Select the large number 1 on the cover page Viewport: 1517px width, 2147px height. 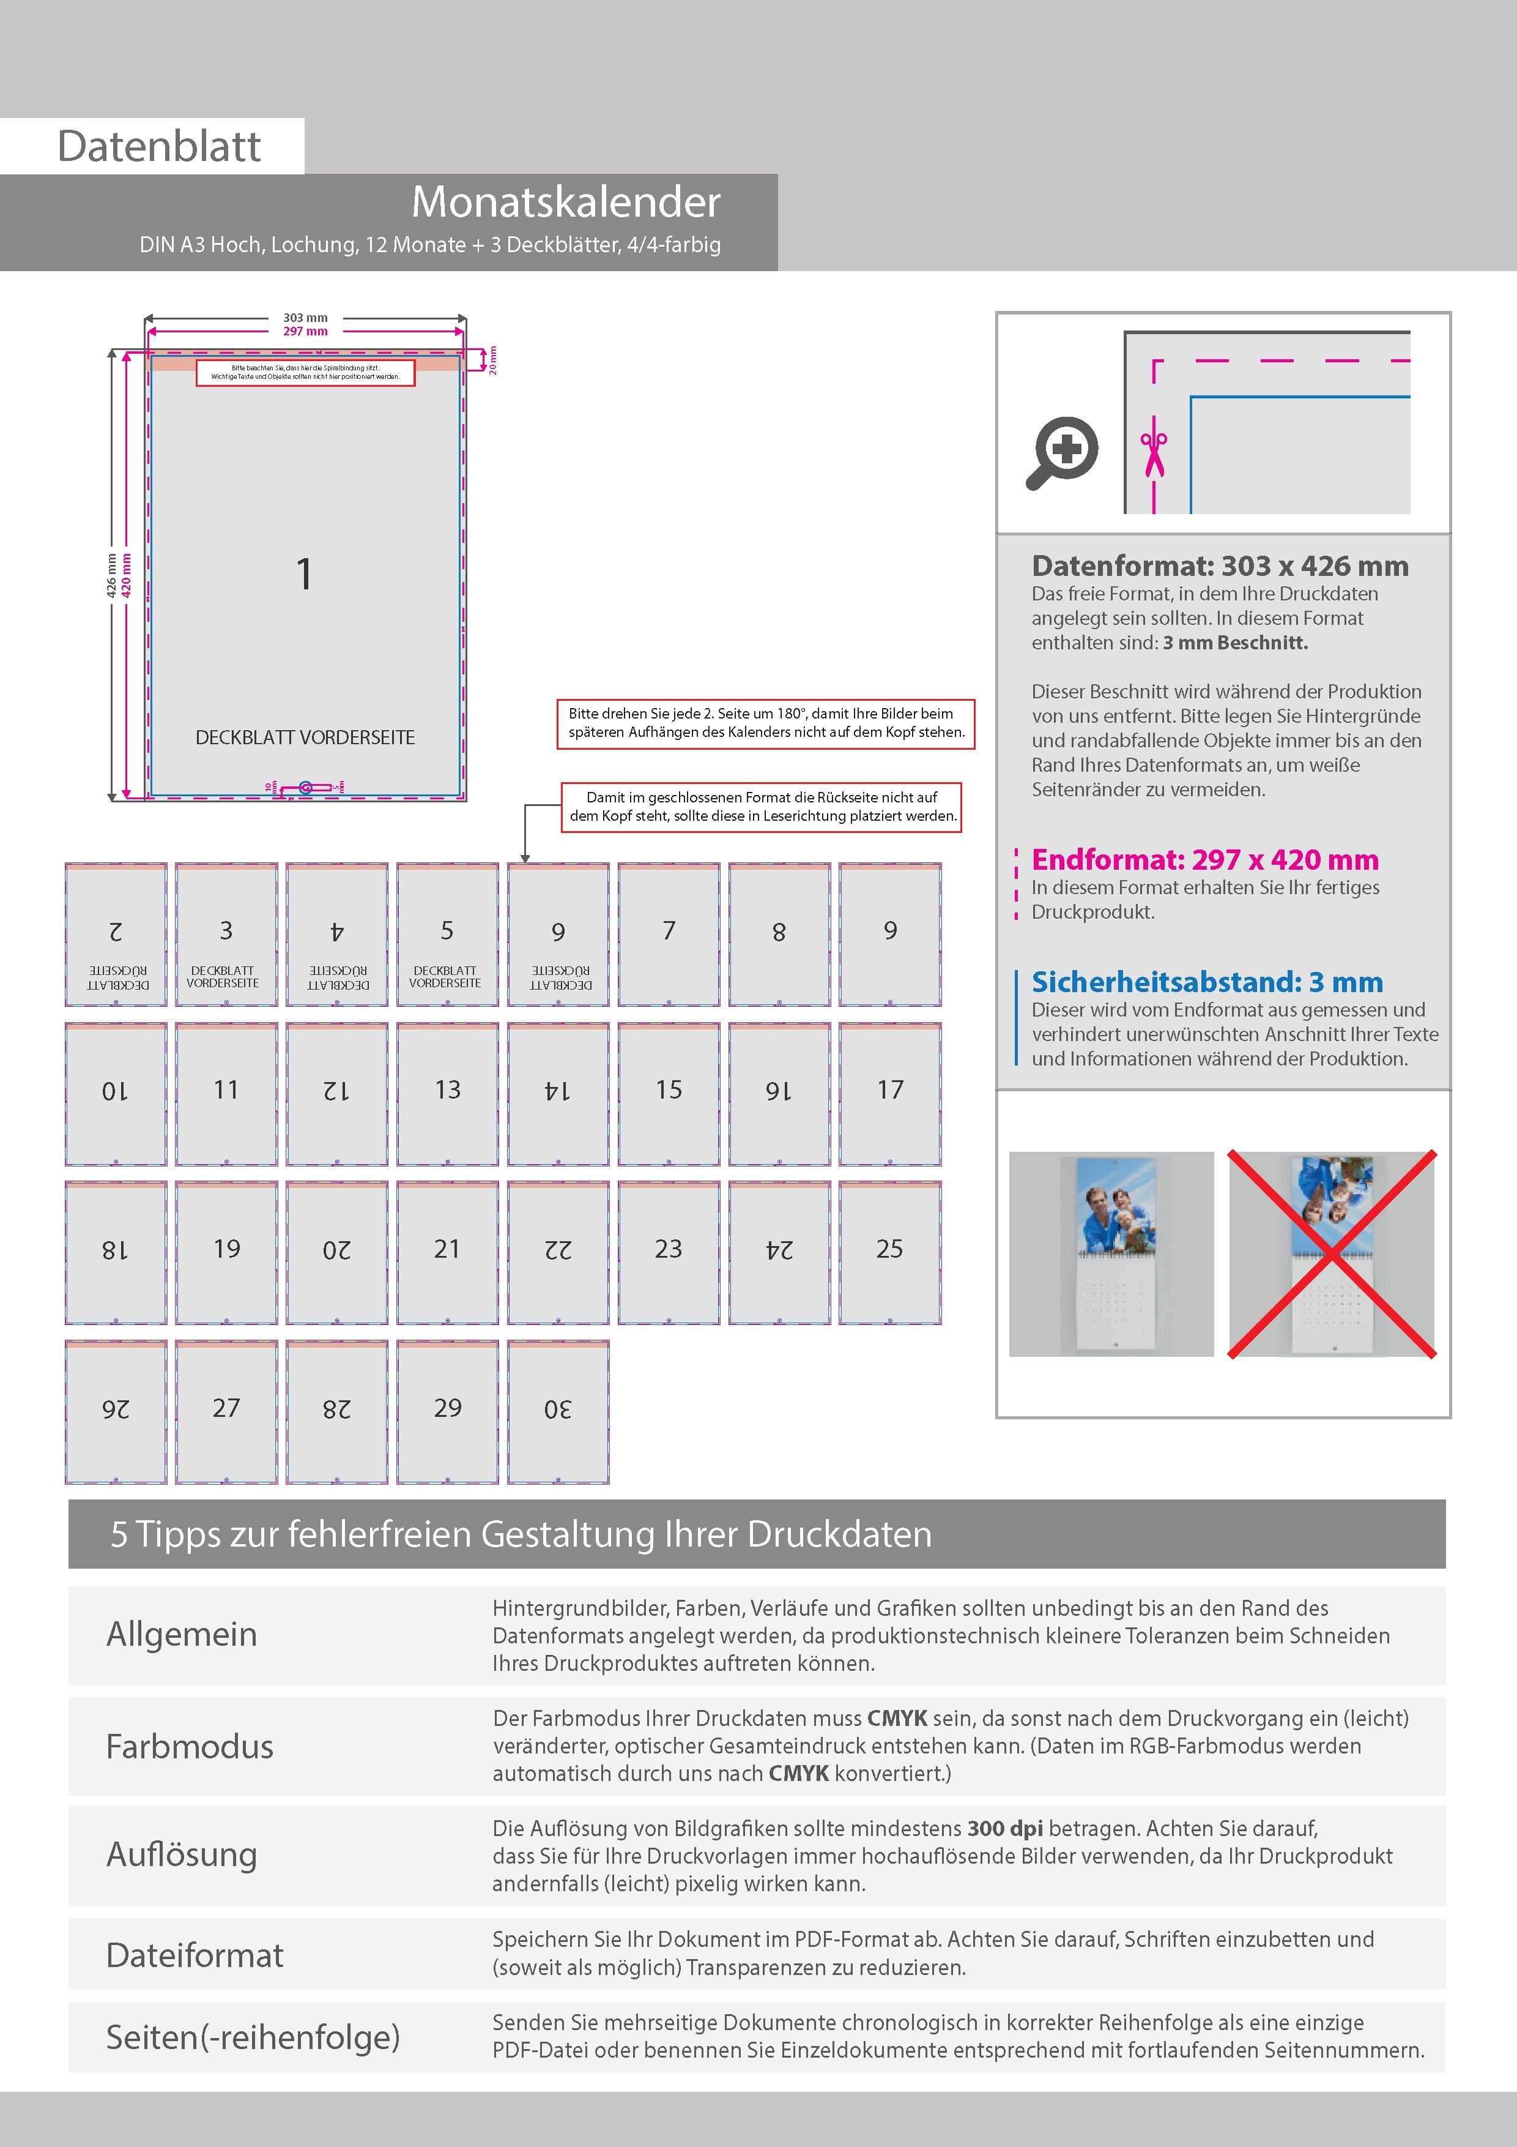pyautogui.click(x=304, y=574)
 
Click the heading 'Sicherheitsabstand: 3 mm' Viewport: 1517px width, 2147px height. pyautogui.click(x=1207, y=982)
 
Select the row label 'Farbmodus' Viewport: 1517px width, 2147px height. pyautogui.click(x=190, y=1747)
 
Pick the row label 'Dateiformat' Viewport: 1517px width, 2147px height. pyautogui.click(x=195, y=1955)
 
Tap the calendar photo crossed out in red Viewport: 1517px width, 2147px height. pyautogui.click(x=1331, y=1254)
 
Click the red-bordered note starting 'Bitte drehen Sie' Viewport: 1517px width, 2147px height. pyautogui.click(x=765, y=723)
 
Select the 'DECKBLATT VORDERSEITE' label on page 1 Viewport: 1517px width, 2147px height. pyautogui.click(x=305, y=737)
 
